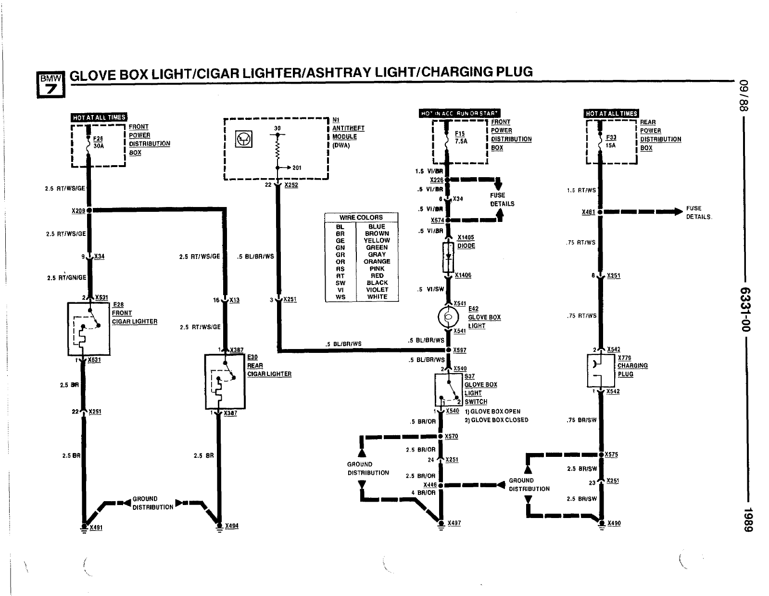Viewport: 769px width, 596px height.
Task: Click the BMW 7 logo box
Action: [x=50, y=84]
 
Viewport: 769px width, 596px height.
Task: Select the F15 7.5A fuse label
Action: [x=460, y=138]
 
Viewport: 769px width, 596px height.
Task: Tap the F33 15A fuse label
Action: [x=611, y=141]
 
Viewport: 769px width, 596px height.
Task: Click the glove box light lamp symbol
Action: [x=447, y=317]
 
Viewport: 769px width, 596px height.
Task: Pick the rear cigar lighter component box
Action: [x=225, y=381]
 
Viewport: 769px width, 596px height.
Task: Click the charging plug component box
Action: [x=601, y=371]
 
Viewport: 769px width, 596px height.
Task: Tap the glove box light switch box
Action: [x=449, y=390]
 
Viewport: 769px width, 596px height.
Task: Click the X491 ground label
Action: [x=96, y=528]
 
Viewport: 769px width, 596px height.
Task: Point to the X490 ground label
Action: [x=614, y=523]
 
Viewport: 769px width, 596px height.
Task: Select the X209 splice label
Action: [x=78, y=211]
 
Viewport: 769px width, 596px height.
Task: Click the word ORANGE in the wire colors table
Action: [x=377, y=261]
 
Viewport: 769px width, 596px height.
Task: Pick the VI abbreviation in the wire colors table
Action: [x=340, y=290]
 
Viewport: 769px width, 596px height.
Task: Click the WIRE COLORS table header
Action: [x=361, y=218]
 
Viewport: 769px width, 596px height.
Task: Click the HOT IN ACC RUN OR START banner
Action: [x=460, y=114]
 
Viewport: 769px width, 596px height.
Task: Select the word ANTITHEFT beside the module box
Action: [x=348, y=129]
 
